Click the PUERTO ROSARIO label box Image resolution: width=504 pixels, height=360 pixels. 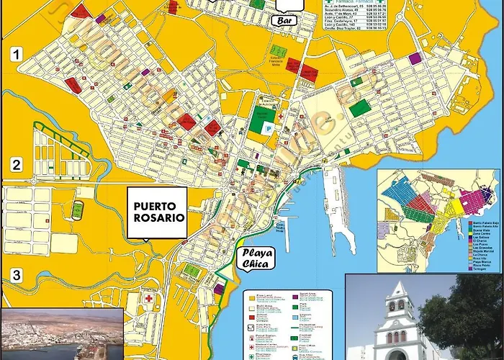point(156,211)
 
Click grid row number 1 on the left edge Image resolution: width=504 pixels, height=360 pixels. point(16,53)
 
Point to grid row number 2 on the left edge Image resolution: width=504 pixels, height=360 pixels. point(16,165)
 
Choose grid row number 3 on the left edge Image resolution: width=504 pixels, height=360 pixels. point(16,275)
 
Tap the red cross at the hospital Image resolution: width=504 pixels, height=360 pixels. point(149,299)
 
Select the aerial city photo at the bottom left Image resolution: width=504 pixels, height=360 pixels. point(61,335)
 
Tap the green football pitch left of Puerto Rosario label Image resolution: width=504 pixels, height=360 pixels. point(78,210)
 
